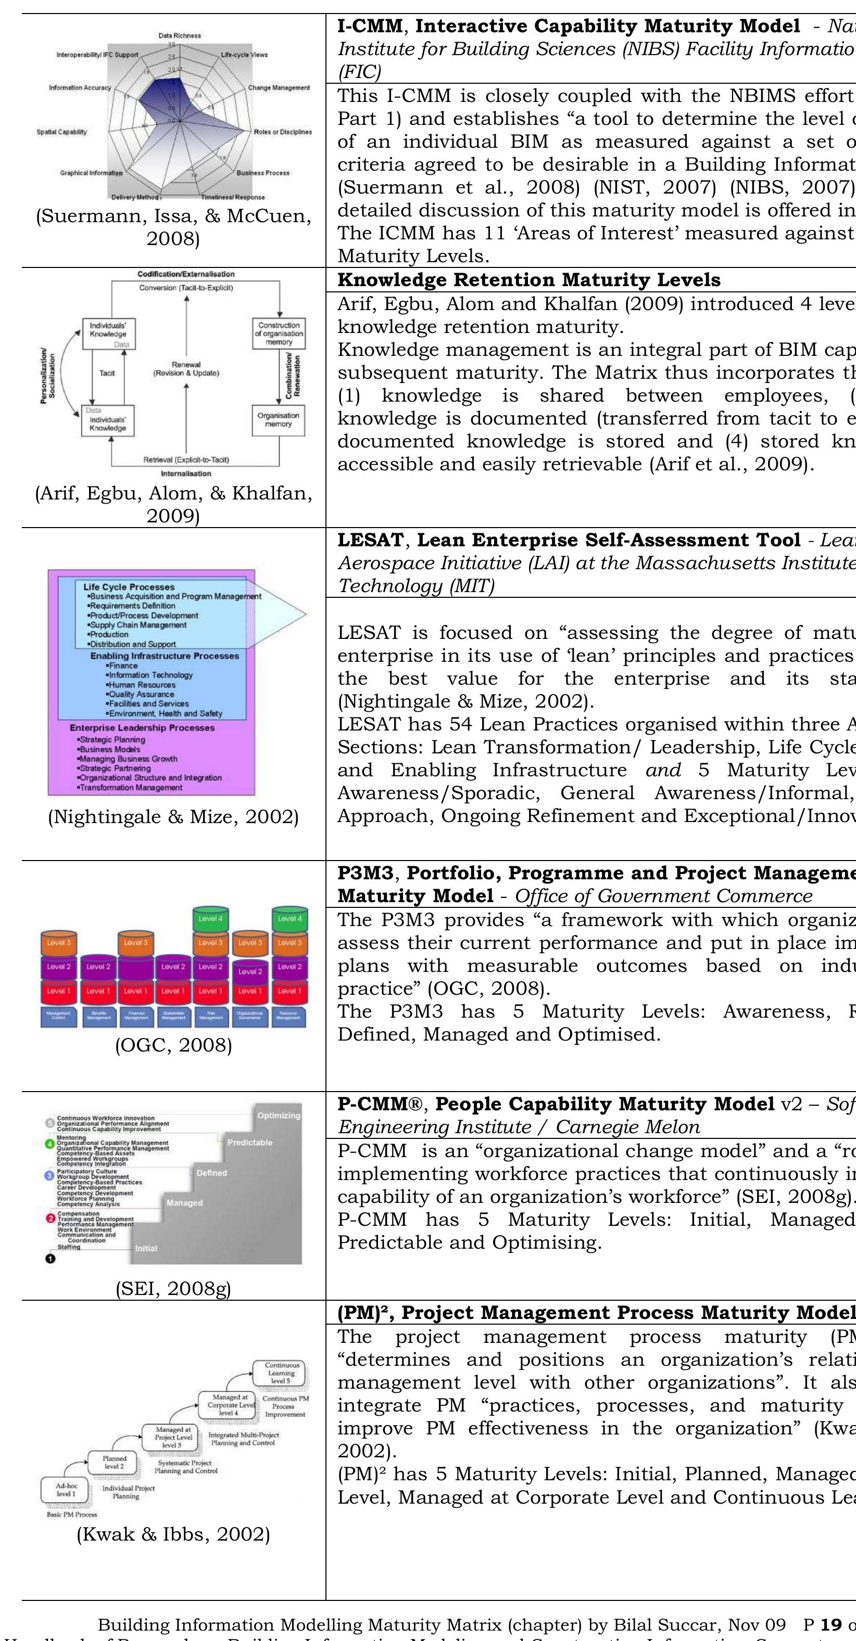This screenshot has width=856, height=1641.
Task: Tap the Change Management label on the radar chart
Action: point(279,88)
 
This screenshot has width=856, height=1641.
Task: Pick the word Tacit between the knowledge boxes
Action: point(107,373)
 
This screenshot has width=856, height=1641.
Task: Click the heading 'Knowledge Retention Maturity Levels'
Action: point(529,280)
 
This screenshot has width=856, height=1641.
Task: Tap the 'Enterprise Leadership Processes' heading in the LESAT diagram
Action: point(142,727)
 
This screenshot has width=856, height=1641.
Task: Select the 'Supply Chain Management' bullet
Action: point(139,625)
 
